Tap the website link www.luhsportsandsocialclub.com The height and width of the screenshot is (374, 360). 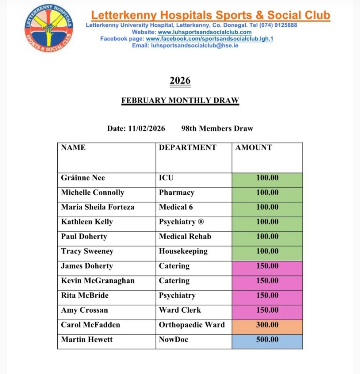coord(204,32)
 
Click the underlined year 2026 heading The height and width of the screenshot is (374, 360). coord(180,80)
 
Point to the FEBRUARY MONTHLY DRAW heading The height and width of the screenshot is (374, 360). coord(180,100)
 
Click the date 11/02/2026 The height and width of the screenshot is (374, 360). coord(146,129)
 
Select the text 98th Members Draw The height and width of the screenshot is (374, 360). coord(217,129)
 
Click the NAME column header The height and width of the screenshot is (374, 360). coord(73,148)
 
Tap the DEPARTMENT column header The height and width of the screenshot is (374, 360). coord(188,148)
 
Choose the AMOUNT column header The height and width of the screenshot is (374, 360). coord(254,148)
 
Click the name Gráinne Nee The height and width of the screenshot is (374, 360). coord(83,178)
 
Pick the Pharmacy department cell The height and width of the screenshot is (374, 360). coord(176,192)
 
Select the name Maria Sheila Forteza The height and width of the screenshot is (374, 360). coord(97,207)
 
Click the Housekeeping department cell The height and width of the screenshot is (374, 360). coord(183,251)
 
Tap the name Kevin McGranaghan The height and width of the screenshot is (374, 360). coord(97,280)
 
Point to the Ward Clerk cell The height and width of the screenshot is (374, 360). coord(180,310)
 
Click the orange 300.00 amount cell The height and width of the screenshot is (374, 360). coord(267,325)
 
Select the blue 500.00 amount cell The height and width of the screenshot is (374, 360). coord(267,340)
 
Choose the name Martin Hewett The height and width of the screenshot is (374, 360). coord(87,340)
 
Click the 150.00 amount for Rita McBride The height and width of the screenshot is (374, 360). coord(267,295)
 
